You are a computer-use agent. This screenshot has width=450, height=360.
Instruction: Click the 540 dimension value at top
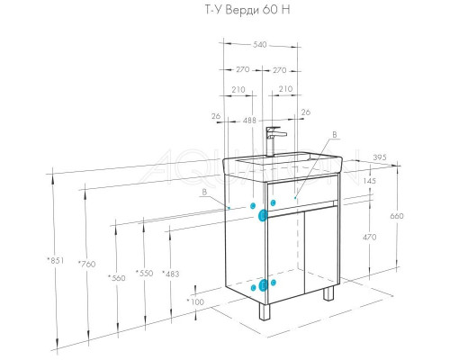click(260, 45)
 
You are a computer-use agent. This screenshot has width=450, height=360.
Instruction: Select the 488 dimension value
click(249, 121)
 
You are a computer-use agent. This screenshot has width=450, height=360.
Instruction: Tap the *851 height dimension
click(56, 260)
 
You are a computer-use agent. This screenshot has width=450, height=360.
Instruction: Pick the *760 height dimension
click(87, 264)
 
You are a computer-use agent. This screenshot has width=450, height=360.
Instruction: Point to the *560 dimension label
click(117, 278)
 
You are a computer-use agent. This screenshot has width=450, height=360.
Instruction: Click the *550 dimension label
click(145, 274)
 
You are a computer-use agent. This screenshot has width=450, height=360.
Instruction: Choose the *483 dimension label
click(171, 274)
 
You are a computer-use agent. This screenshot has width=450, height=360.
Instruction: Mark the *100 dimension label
click(195, 301)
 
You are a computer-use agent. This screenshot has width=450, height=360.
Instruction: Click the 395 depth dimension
click(380, 157)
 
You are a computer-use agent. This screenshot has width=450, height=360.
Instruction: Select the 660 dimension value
click(397, 216)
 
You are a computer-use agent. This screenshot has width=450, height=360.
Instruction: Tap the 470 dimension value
click(369, 237)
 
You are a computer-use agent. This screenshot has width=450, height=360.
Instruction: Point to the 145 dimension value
click(369, 181)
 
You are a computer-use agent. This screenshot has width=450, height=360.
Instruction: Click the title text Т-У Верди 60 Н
click(247, 10)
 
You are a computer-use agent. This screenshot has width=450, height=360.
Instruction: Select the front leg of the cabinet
click(265, 312)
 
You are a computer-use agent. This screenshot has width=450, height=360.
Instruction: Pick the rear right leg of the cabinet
click(328, 292)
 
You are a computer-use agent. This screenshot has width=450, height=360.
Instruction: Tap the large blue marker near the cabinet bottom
click(263, 285)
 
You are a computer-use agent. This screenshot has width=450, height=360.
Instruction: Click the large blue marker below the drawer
click(263, 215)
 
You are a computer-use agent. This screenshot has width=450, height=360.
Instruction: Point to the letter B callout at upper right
click(335, 135)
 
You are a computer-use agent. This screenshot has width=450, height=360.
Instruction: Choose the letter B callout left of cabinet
click(204, 192)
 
